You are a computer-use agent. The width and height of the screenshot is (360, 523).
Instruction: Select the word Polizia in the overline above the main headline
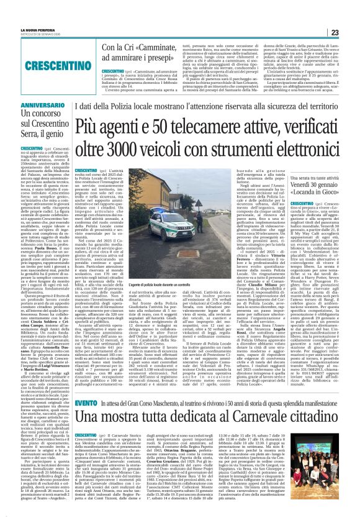click(150, 93)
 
